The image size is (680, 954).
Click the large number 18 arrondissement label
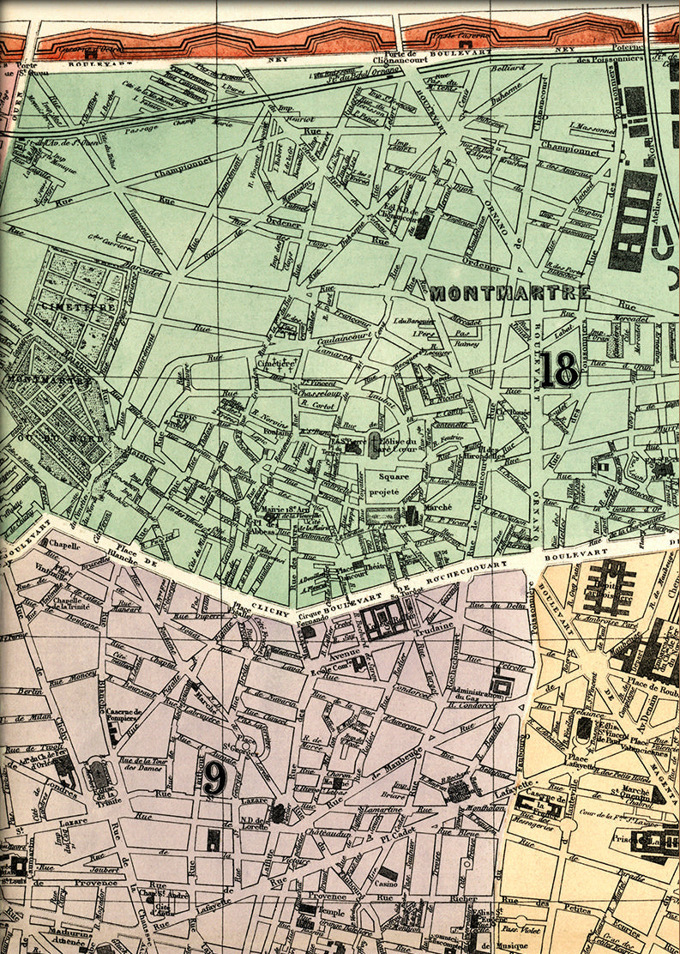[559, 369]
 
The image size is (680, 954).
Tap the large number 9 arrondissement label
[215, 777]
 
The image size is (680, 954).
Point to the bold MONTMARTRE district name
[509, 293]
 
